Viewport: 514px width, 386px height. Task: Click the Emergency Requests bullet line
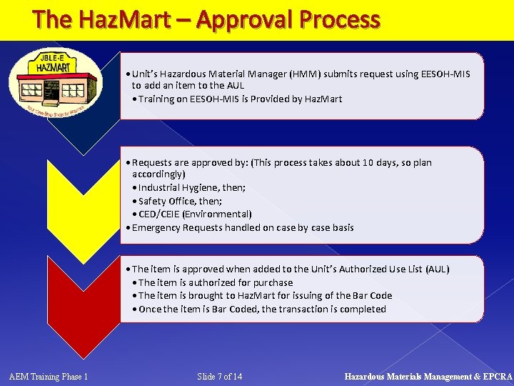click(243, 227)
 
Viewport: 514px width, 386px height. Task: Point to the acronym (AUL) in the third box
click(437, 269)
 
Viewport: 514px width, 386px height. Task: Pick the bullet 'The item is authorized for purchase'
click(215, 282)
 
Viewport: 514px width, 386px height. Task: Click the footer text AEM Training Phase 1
click(49, 377)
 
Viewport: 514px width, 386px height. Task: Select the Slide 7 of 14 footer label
click(219, 377)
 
